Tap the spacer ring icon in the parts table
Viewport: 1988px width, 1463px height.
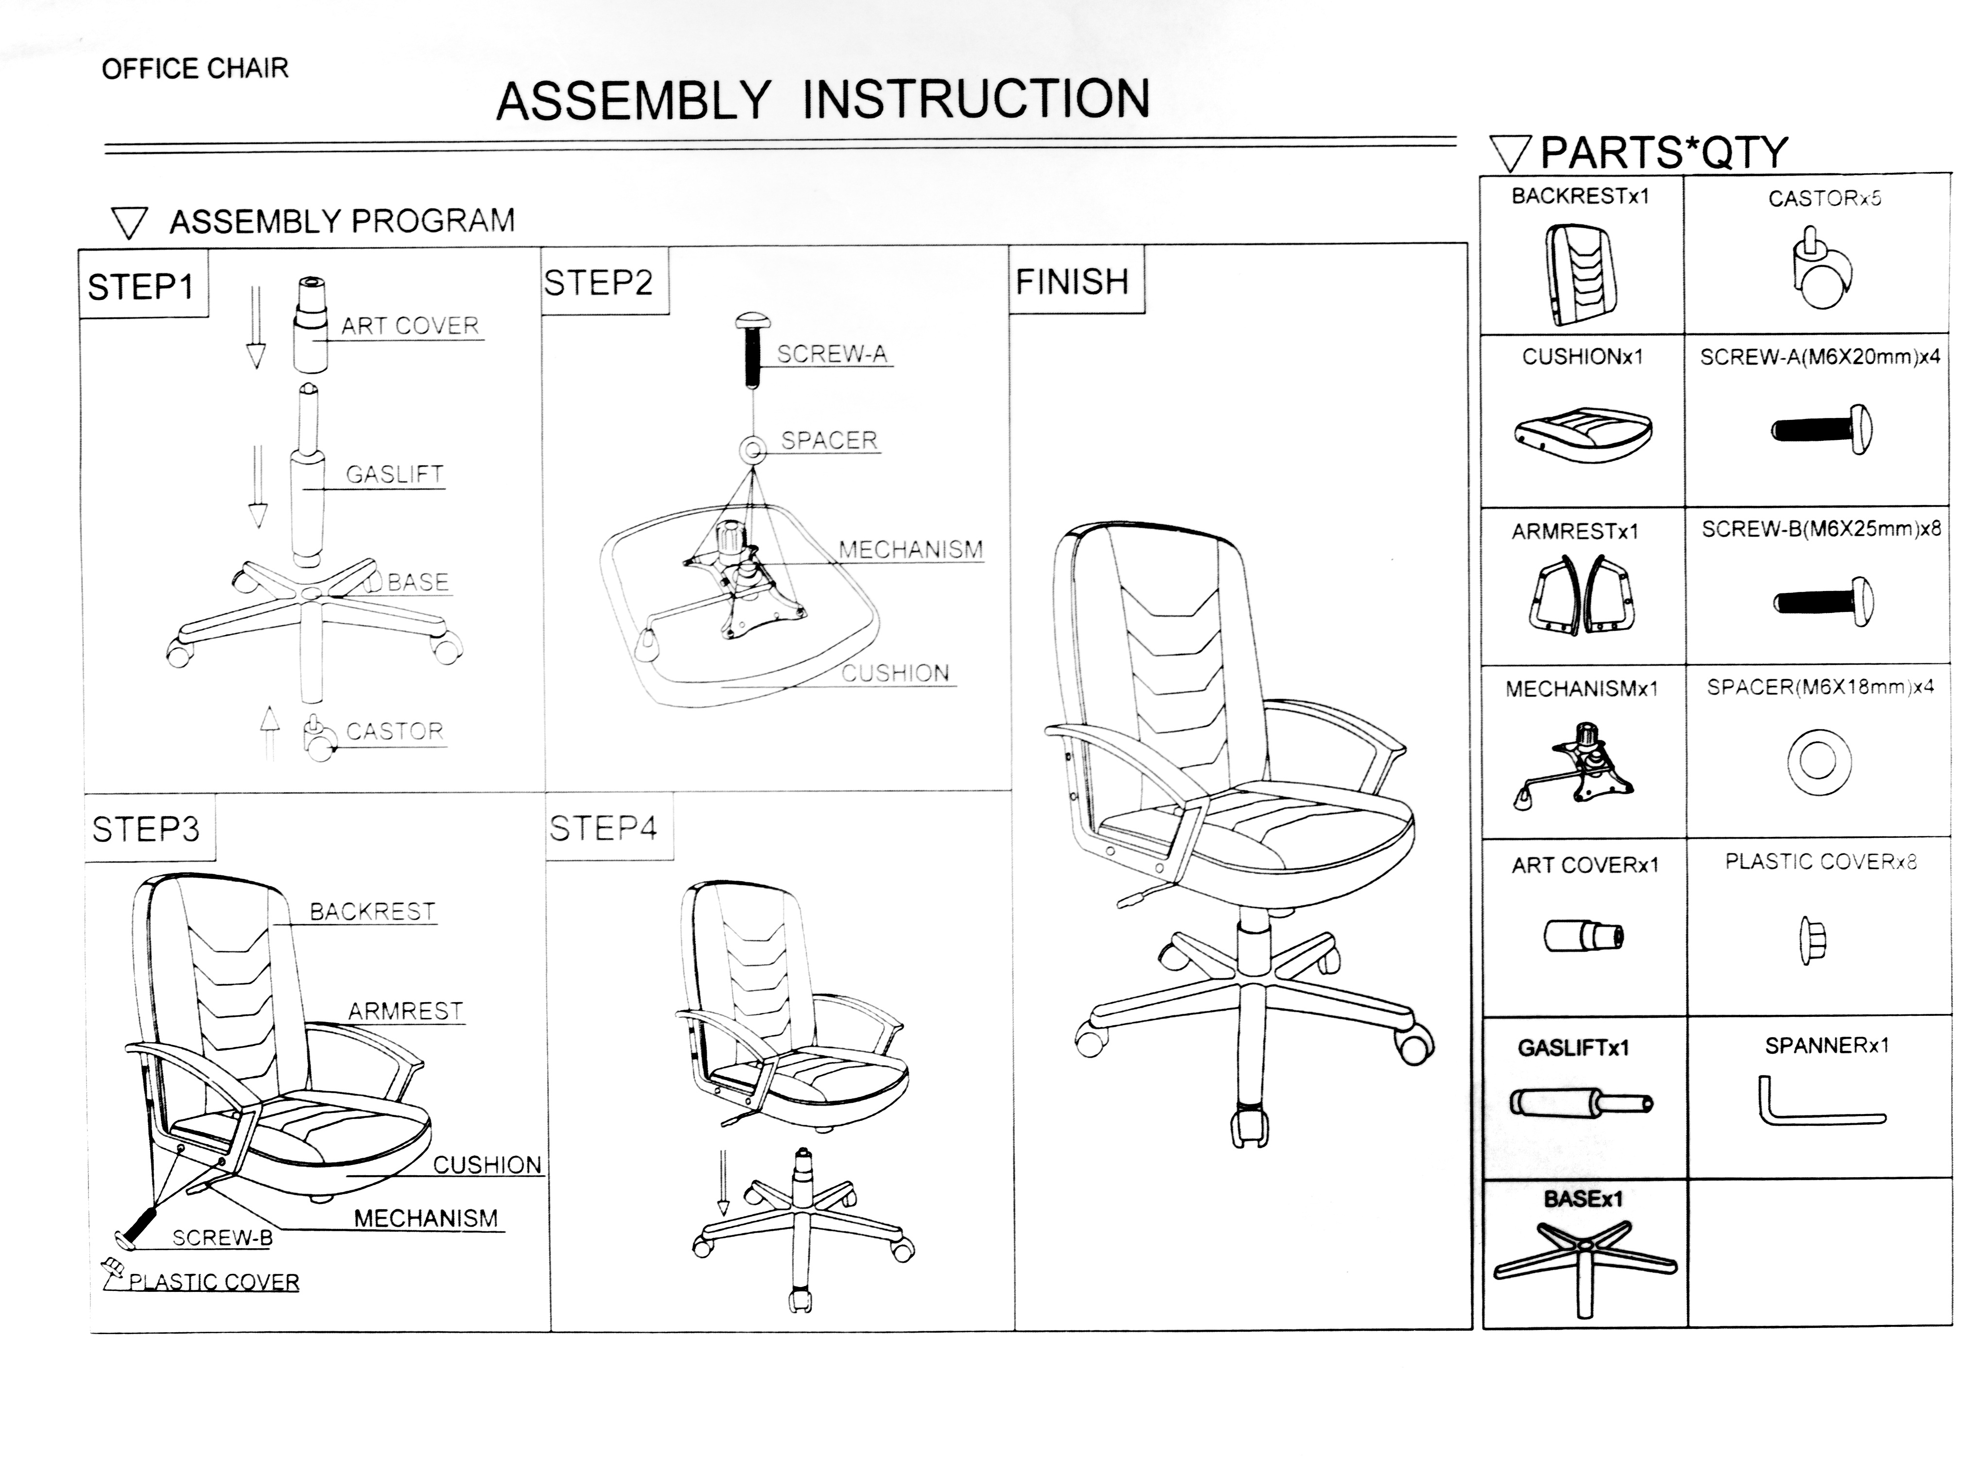1818,762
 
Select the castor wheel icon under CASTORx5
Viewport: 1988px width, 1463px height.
1821,270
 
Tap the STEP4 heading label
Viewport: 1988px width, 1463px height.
604,829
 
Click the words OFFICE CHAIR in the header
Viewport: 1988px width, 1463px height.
195,68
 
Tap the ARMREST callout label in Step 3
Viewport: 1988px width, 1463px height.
405,1011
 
